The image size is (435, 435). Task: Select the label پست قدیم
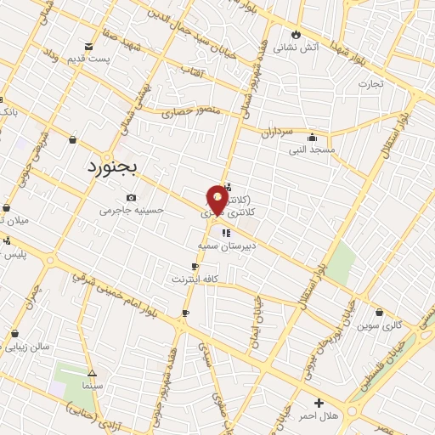click(89, 59)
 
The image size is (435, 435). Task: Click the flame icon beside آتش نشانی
click(296, 34)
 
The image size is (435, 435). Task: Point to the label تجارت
click(370, 83)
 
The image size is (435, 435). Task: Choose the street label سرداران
click(276, 133)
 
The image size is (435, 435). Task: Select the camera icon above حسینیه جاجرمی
click(130, 197)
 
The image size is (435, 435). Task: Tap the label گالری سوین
click(379, 325)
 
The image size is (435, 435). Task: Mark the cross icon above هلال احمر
click(319, 403)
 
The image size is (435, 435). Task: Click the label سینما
click(92, 387)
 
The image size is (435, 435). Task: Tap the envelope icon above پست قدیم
click(89, 47)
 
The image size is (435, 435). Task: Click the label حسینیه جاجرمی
click(130, 210)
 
